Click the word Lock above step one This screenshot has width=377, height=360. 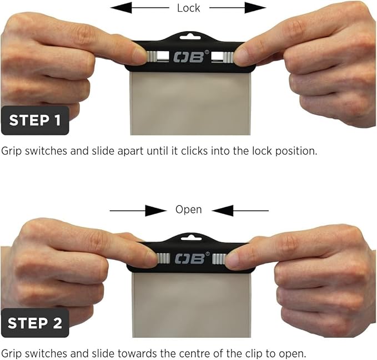[x=189, y=8]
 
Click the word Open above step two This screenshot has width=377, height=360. [x=189, y=210]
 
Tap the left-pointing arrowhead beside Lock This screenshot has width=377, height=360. [x=121, y=8]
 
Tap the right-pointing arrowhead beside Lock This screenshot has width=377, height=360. [x=255, y=8]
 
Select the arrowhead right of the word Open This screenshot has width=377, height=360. [x=223, y=211]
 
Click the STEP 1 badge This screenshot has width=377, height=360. [x=35, y=120]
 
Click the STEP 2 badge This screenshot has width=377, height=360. [x=35, y=322]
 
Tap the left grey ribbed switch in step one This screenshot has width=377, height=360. [x=152, y=57]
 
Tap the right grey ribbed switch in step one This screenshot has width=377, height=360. [x=228, y=57]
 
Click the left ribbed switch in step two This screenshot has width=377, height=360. [x=163, y=258]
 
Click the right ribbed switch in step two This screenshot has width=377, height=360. [x=219, y=258]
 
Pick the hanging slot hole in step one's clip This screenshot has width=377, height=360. [x=190, y=37]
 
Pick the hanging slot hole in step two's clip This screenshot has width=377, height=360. [x=191, y=238]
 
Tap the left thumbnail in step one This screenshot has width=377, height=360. [x=139, y=55]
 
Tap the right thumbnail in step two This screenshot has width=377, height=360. [x=232, y=260]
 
